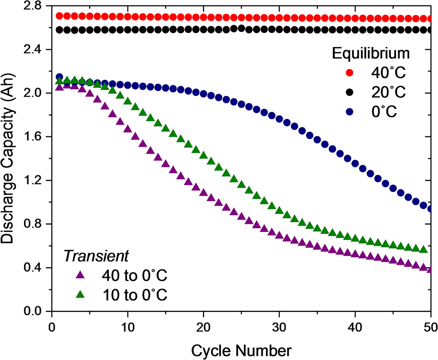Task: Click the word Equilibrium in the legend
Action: pyautogui.click(x=371, y=53)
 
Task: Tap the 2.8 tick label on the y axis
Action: pyautogui.click(x=32, y=6)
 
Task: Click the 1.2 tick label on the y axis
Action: pyautogui.click(x=32, y=180)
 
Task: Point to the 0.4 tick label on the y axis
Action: pyautogui.click(x=32, y=268)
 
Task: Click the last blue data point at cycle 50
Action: pyautogui.click(x=431, y=209)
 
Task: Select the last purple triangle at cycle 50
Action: pyautogui.click(x=431, y=269)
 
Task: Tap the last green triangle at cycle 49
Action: pyautogui.click(x=423, y=249)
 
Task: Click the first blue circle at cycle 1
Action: pyautogui.click(x=59, y=77)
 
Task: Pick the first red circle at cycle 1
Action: pyautogui.click(x=59, y=16)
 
